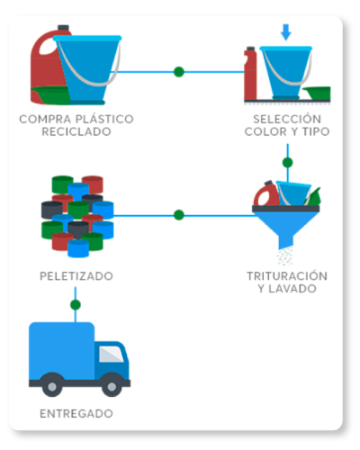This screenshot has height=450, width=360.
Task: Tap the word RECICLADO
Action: click(76, 131)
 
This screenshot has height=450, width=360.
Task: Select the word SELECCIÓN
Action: click(287, 119)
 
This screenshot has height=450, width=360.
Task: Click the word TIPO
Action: click(316, 131)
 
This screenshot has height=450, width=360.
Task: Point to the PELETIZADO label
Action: click(76, 276)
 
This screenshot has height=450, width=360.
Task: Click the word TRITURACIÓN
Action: click(287, 276)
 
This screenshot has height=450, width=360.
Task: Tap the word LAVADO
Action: click(292, 289)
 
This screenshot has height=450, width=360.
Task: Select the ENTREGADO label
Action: click(76, 414)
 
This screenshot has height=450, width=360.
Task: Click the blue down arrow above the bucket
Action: click(286, 32)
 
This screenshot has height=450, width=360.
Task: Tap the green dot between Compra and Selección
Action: click(179, 72)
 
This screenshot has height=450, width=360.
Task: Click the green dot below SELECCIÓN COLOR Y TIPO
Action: click(288, 163)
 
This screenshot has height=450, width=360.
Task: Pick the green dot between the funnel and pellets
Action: click(179, 215)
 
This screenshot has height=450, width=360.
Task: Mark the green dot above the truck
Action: click(76, 305)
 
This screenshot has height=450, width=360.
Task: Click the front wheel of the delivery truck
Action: click(112, 387)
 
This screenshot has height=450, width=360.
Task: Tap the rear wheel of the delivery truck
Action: click(52, 387)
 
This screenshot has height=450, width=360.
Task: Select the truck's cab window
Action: click(111, 354)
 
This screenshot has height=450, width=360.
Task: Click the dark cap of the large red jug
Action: click(63, 28)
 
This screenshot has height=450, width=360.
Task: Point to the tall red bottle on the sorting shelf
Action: click(250, 74)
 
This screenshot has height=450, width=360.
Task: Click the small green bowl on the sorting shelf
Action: click(317, 93)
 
